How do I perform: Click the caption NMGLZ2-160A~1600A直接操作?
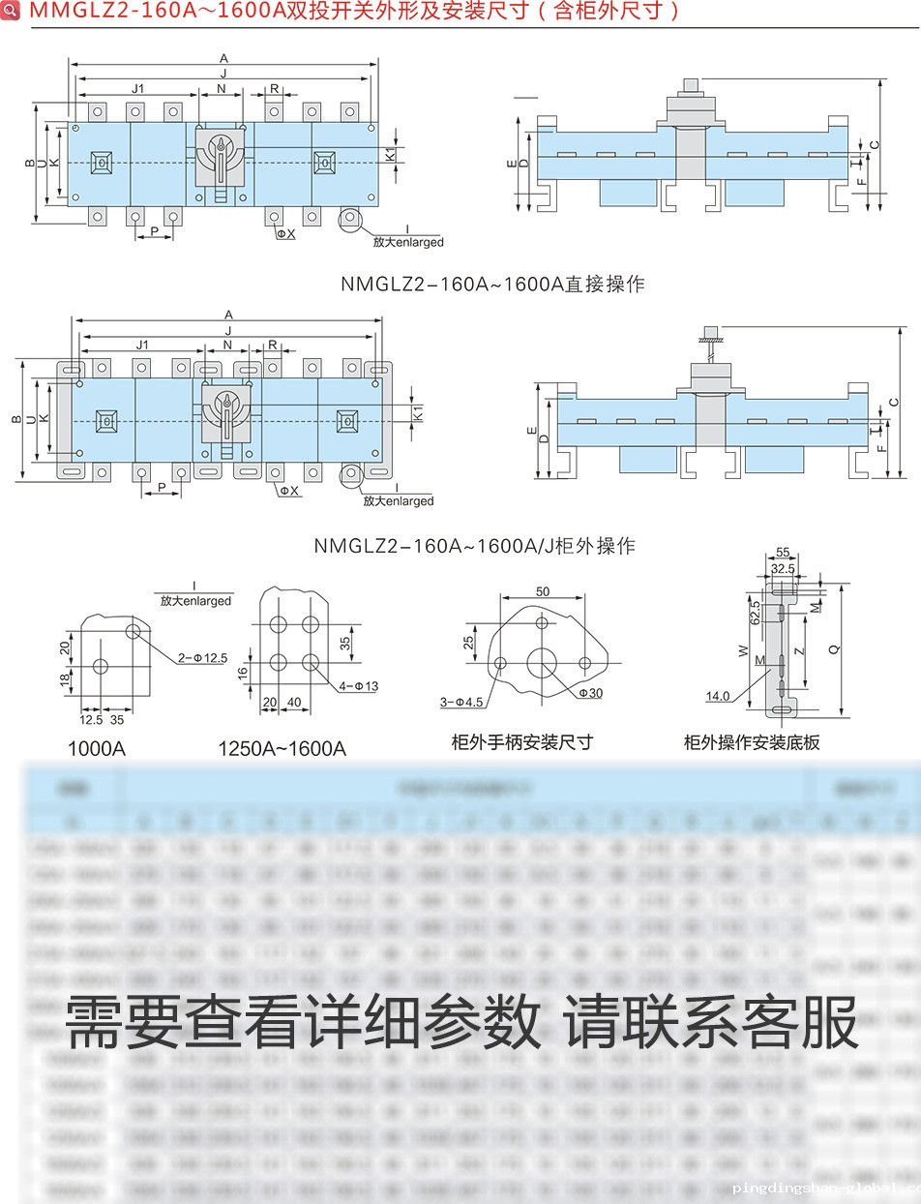coord(492,284)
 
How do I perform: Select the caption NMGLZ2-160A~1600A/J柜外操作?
coord(474,546)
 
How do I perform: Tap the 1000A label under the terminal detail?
coord(96,748)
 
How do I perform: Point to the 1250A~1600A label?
coord(282,748)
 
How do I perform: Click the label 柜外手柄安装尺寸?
coord(521,742)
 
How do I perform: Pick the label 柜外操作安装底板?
coord(752,742)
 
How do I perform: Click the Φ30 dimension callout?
coord(591,693)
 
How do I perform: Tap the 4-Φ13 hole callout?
coord(359,686)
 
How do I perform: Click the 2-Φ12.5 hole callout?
coord(202,658)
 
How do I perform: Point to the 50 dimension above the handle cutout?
coord(542,591)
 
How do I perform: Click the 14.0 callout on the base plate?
coord(717,696)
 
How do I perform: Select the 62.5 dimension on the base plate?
coord(755,610)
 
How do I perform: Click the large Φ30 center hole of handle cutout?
coord(541,663)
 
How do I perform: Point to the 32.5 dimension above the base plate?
coord(783,569)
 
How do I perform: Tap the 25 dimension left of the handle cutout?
coord(469,643)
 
